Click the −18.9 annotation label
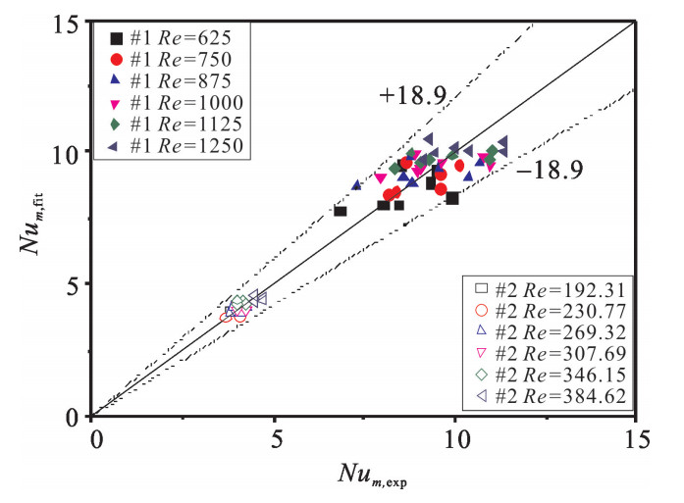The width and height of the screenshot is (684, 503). (x=549, y=169)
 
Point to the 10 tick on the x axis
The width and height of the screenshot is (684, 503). (x=455, y=436)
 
